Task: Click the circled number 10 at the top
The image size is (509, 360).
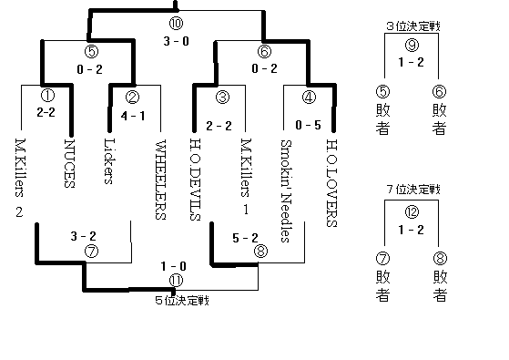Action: point(177,23)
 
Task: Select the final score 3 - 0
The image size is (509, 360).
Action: point(177,41)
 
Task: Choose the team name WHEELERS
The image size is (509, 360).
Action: point(160,180)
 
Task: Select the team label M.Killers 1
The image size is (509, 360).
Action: point(244,176)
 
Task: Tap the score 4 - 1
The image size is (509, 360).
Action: point(131,116)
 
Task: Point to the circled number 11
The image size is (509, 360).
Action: point(177,280)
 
